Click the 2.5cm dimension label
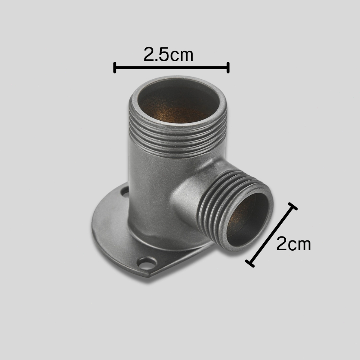[168, 54]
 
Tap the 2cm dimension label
[294, 244]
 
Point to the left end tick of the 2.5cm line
[115, 67]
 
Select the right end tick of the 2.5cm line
[228, 67]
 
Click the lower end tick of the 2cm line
[250, 264]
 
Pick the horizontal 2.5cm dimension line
[171, 67]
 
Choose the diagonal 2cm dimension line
[271, 235]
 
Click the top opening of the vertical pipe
[178, 100]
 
